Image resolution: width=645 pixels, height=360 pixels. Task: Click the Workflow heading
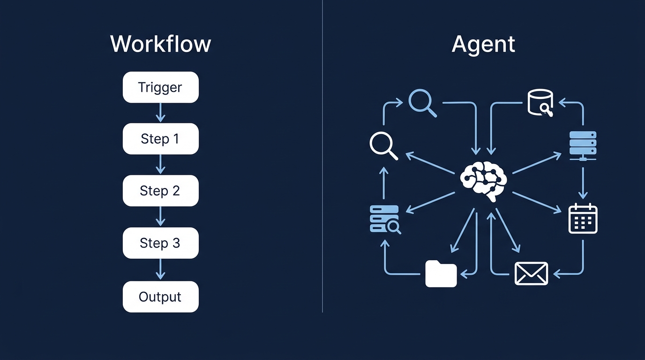click(161, 44)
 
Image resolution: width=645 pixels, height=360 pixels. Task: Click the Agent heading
click(483, 44)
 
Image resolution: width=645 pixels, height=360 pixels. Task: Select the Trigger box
click(160, 87)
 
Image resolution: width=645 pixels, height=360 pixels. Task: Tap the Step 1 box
click(160, 139)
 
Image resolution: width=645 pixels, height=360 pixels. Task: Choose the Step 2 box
click(160, 191)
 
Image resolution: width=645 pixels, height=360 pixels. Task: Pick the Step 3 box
click(160, 243)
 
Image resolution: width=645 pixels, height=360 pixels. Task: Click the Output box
click(160, 297)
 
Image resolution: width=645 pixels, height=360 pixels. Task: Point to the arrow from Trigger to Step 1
click(160, 112)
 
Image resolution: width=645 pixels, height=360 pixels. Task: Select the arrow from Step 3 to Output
click(160, 269)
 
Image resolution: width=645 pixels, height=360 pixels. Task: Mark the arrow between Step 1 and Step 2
click(160, 165)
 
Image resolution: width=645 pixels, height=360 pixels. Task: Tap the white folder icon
click(441, 274)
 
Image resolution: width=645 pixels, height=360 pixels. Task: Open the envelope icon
click(531, 273)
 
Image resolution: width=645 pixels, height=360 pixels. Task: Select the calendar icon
click(583, 218)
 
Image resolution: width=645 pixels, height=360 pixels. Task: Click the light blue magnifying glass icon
click(422, 103)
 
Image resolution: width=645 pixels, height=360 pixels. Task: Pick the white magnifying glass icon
click(383, 145)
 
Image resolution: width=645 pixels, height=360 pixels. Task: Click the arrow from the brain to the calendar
click(537, 202)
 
